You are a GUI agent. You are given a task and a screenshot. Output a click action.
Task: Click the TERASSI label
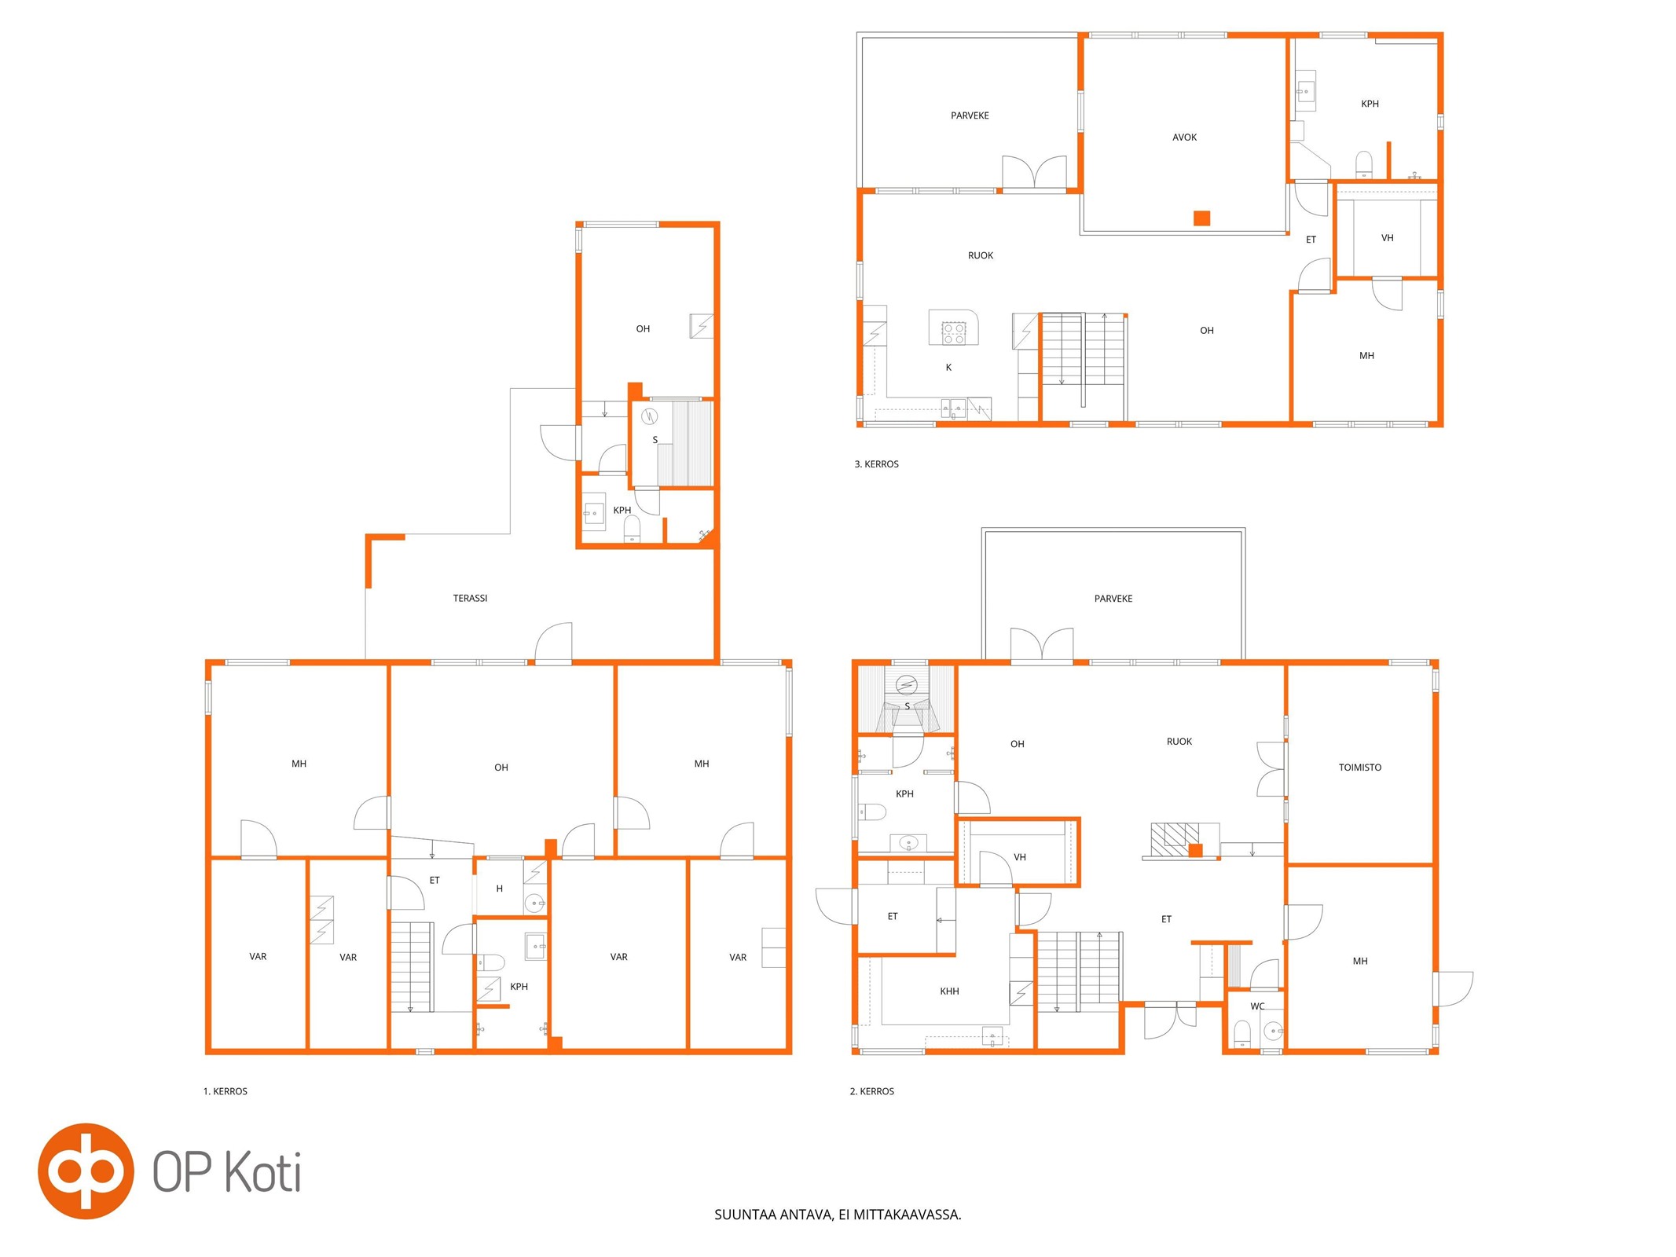[x=470, y=598]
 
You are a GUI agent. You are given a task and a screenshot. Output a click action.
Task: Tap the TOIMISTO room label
[x=1359, y=767]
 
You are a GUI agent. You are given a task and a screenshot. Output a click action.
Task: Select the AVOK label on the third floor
[x=1184, y=137]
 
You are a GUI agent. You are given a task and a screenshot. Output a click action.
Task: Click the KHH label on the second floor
[x=949, y=991]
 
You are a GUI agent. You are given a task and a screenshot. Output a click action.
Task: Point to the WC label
[x=1257, y=1006]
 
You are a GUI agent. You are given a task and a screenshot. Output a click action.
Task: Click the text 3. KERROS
[x=876, y=464]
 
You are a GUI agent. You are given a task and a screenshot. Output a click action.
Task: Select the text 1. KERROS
[x=226, y=1090]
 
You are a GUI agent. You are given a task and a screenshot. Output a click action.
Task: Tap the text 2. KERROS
[x=871, y=1090]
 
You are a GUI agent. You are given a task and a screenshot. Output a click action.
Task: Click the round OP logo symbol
[x=86, y=1171]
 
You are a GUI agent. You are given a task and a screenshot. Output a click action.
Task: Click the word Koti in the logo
[x=263, y=1171]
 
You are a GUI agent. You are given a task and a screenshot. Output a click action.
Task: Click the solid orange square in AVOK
[x=1201, y=218]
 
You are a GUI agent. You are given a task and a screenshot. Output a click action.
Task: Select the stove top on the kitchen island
[x=954, y=333]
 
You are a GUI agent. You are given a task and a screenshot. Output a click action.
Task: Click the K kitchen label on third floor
[x=948, y=367]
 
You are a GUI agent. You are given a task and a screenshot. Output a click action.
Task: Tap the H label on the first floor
[x=499, y=889]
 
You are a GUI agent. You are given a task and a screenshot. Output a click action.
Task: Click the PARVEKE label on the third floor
[x=970, y=115]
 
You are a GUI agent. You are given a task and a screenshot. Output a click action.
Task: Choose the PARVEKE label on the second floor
[x=1113, y=598]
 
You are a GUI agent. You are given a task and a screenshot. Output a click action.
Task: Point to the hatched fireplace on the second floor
[x=1175, y=838]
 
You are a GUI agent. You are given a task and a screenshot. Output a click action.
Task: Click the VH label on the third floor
[x=1387, y=237]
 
